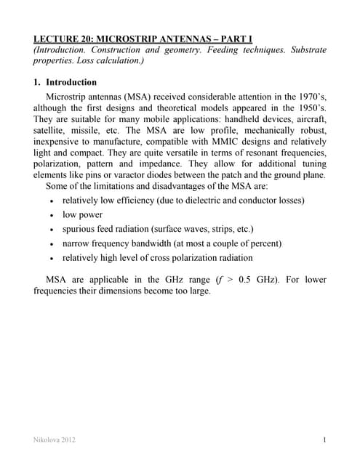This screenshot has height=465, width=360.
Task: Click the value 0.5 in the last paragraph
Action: (x=277, y=280)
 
